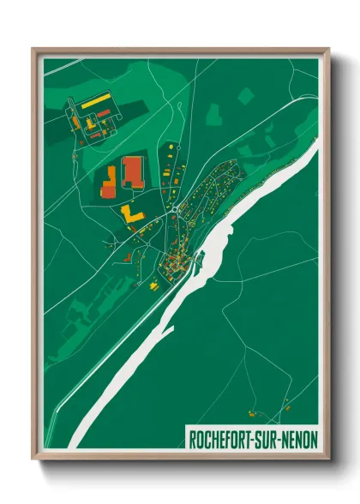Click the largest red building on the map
coord(133,171)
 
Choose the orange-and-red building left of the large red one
coord(110,180)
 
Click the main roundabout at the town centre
coord(175,207)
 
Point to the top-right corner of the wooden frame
coord(328,49)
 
